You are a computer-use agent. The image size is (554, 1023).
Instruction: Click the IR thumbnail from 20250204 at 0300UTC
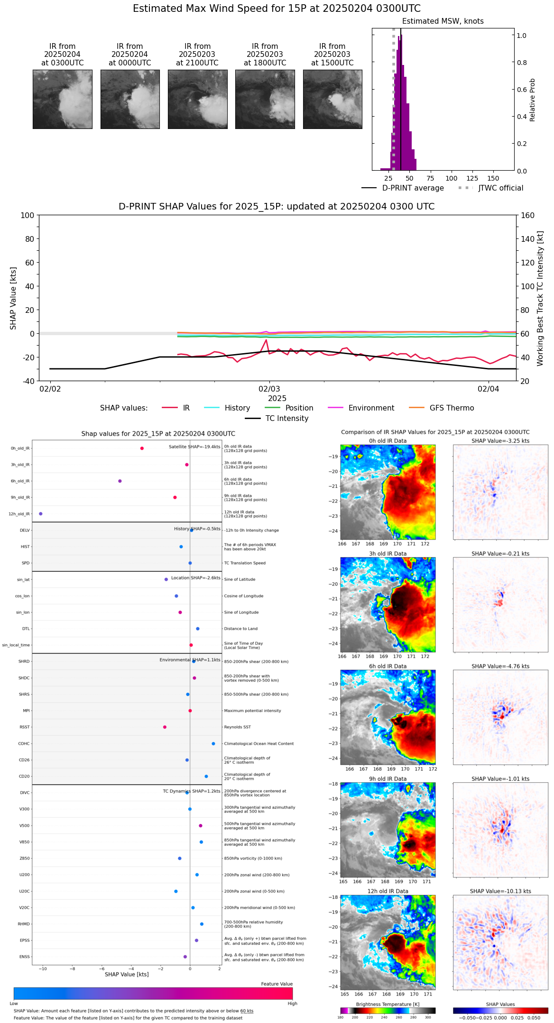tap(63, 99)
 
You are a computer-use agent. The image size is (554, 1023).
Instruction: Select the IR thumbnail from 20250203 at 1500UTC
tap(332, 99)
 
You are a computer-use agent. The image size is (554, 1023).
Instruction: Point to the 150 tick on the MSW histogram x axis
tap(493, 178)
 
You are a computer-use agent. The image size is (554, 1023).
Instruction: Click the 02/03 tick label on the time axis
tap(269, 389)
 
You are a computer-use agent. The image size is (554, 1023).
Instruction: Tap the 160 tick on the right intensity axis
tap(528, 215)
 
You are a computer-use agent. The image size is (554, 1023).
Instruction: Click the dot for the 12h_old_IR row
tap(41, 514)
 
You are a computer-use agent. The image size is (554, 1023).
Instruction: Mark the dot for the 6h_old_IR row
tap(120, 481)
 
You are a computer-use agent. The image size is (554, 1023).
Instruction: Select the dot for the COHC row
tap(213, 744)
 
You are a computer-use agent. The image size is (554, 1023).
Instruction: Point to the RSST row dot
tap(165, 727)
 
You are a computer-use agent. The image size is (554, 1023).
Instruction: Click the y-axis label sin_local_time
tap(16, 645)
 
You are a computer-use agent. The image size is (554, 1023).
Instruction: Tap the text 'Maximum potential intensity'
tap(252, 711)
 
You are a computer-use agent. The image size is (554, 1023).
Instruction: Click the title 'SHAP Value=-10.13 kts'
tap(500, 892)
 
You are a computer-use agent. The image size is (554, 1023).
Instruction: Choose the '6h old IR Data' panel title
tap(388, 667)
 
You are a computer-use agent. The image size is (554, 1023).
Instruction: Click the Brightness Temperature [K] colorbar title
tap(388, 1005)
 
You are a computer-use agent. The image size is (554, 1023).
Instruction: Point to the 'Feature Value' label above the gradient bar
tap(277, 984)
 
